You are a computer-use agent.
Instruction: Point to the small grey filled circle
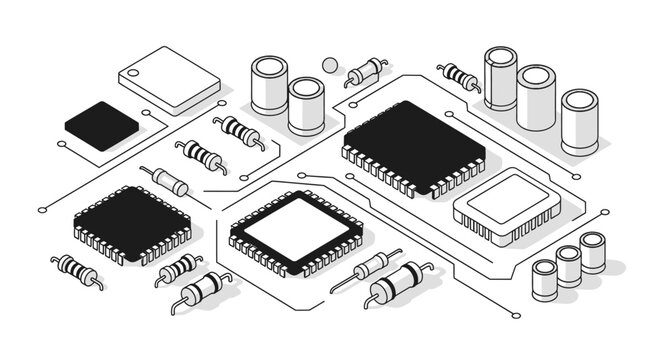[x=329, y=65]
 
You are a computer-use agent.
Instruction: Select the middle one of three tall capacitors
[x=536, y=98]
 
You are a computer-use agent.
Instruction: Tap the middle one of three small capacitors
[x=568, y=266]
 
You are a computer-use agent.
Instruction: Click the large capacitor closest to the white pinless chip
[x=269, y=84]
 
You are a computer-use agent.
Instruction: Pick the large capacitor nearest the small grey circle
[x=306, y=106]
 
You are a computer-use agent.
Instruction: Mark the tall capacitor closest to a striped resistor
[x=500, y=78]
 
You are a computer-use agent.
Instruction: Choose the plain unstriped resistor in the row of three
[x=165, y=181]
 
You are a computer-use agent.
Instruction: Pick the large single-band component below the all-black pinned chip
[x=203, y=289]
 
